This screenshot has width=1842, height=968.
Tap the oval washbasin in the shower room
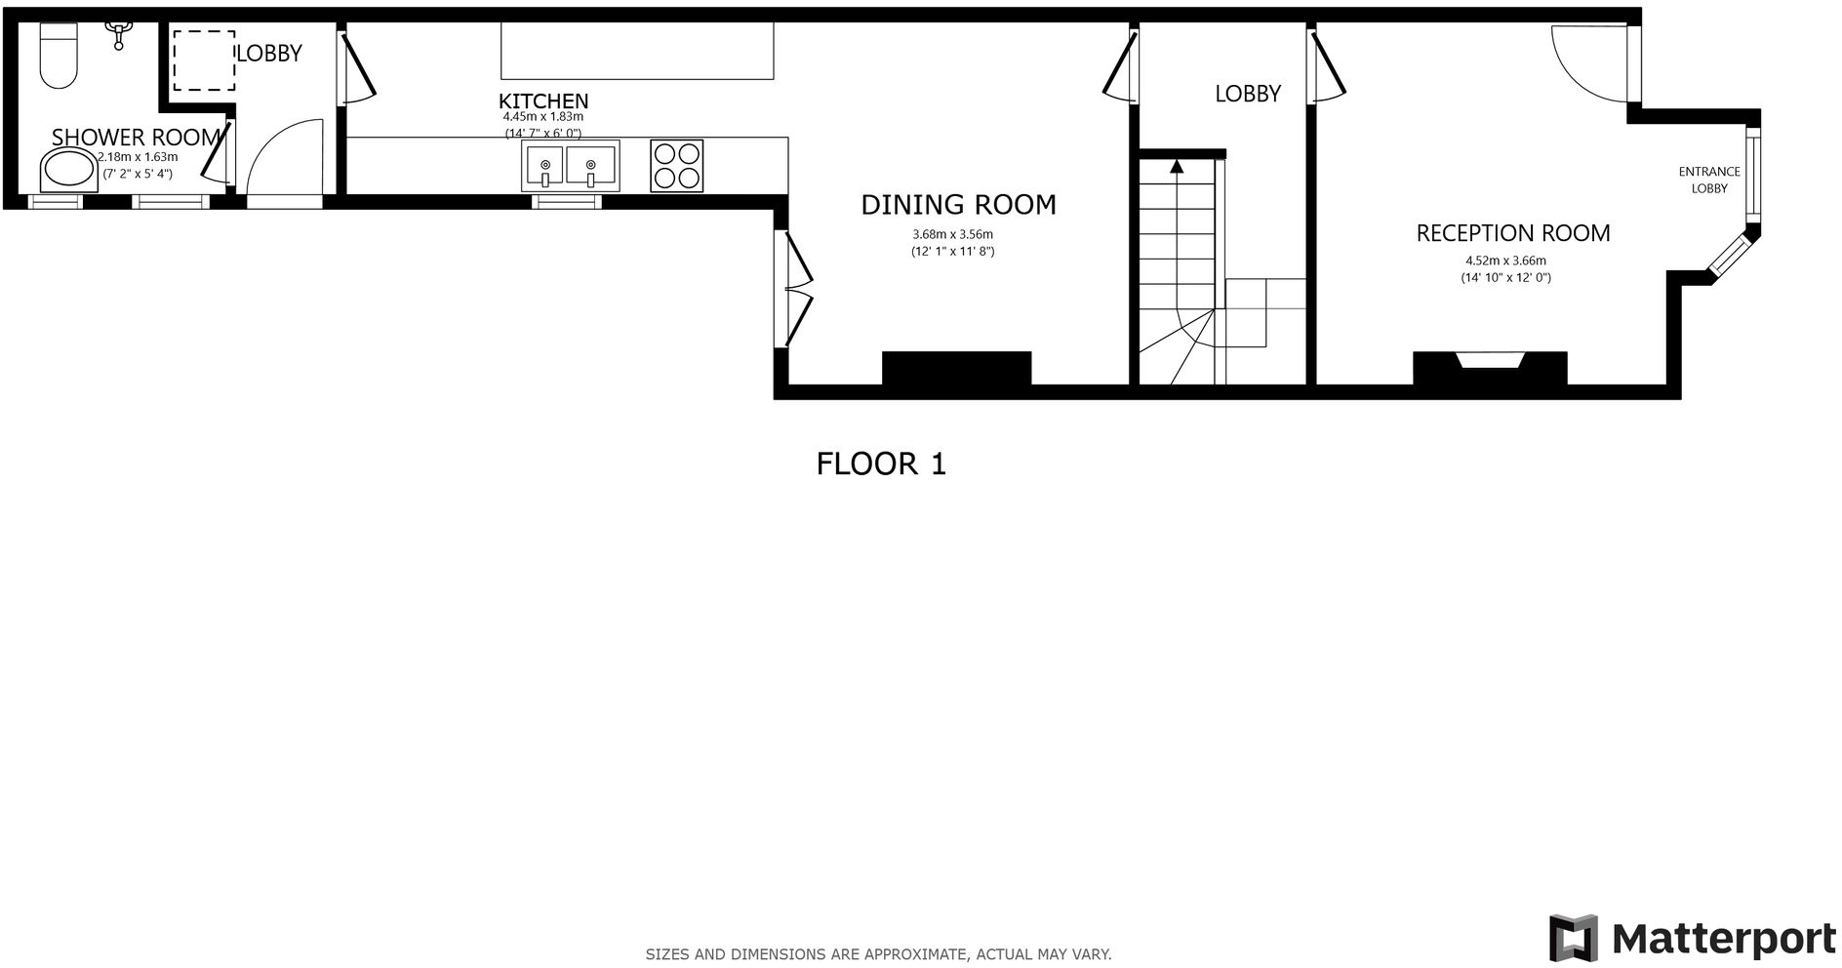pos(68,171)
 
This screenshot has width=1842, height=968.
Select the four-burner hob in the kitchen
pos(676,166)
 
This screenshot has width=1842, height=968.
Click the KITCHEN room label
pos(543,101)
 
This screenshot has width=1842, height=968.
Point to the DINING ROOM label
pos(958,205)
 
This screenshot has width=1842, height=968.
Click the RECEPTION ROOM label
pos(1512,233)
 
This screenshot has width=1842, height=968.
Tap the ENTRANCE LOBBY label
pos(1708,180)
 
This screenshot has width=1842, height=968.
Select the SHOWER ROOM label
pos(136,138)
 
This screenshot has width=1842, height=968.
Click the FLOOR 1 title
pos(881,464)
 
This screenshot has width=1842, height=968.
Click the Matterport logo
pos(1692,938)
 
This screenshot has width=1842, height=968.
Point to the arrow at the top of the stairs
pos(1177,166)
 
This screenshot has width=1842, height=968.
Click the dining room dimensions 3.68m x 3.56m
pos(952,234)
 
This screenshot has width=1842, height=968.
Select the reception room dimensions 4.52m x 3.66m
pos(1505,261)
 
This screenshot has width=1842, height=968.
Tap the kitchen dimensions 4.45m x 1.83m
pos(542,117)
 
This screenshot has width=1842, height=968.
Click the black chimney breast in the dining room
pos(956,368)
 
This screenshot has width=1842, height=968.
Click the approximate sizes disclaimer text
pos(878,954)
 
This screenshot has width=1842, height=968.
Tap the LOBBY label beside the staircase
pos(1247,94)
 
